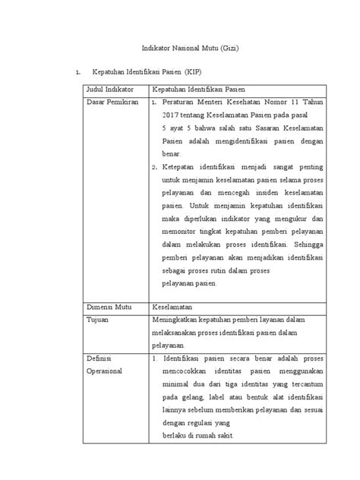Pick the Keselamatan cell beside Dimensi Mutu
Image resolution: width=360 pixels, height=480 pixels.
click(174, 309)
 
